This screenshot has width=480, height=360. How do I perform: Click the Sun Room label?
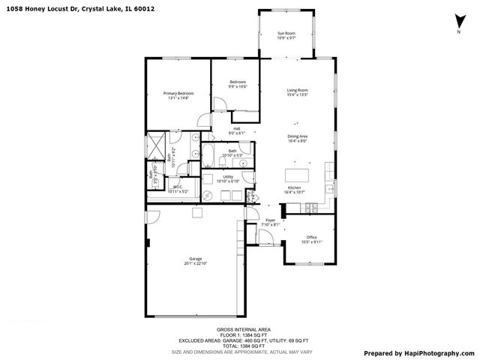coord(286,34)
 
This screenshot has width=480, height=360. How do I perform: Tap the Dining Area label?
coord(297,136)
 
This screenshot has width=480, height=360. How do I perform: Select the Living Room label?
coord(297,91)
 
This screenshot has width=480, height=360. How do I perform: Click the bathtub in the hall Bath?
coord(209,159)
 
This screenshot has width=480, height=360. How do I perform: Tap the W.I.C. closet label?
coord(178,187)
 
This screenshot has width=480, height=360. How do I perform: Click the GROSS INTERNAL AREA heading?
coord(244,328)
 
